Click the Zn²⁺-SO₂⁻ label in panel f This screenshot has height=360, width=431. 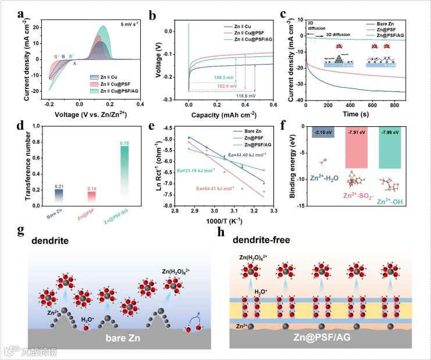click(359, 195)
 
